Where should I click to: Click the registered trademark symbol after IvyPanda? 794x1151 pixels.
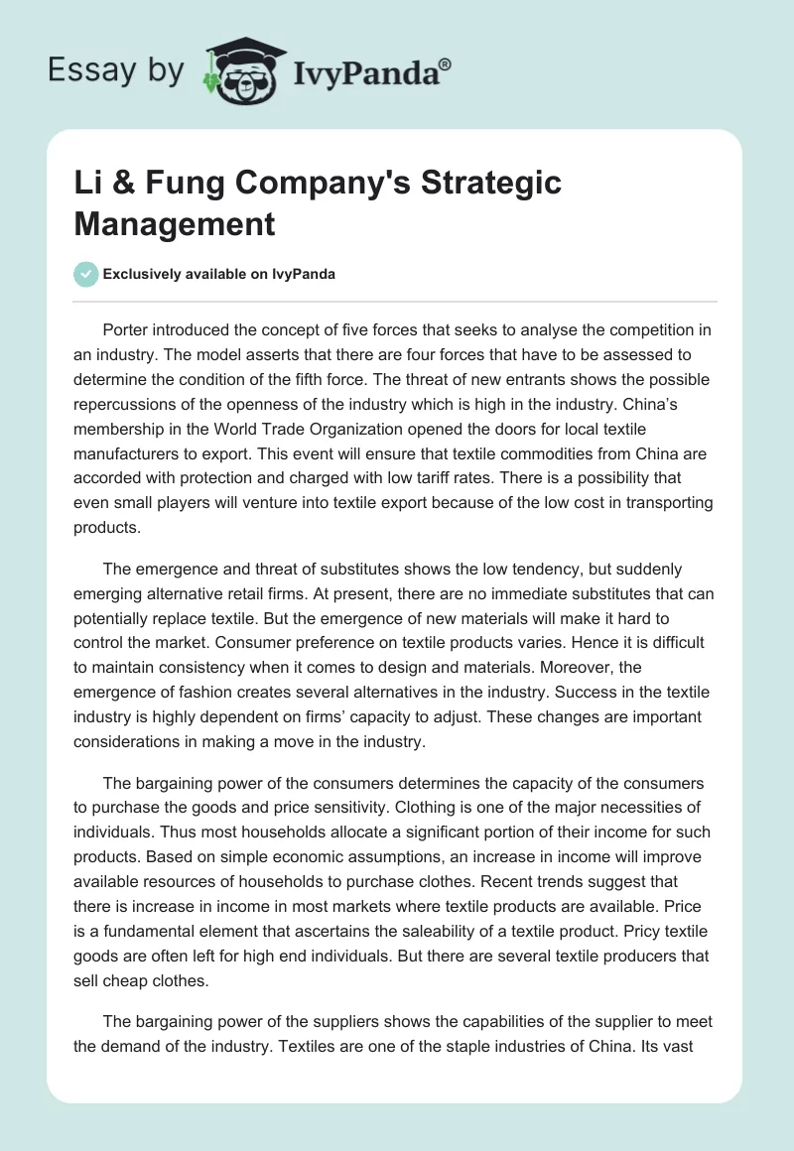(x=445, y=64)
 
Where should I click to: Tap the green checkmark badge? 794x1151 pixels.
(x=85, y=274)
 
